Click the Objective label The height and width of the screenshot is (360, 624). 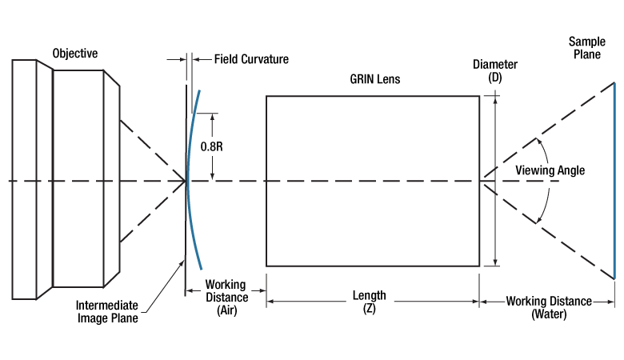pos(75,54)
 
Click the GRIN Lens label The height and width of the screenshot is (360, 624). pos(373,79)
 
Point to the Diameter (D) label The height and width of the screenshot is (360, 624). pos(495,71)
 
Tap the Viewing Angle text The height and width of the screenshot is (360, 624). pos(550,170)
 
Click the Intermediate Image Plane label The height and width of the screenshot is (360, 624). pos(106,310)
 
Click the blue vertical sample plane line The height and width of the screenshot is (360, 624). pos(614,180)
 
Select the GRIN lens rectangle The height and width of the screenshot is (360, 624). pos(373,181)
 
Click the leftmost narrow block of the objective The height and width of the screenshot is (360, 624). pos(24,180)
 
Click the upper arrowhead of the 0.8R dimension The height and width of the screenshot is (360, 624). pos(212,117)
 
